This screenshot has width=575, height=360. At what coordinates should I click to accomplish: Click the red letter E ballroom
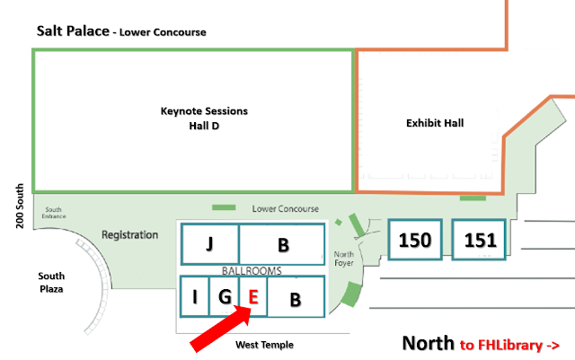(x=253, y=296)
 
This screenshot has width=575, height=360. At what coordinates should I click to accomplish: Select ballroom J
(x=209, y=244)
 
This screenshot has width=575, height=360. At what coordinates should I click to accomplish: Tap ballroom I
(x=195, y=296)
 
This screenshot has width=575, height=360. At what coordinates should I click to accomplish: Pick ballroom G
(x=225, y=296)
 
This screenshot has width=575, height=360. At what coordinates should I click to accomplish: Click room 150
(x=415, y=240)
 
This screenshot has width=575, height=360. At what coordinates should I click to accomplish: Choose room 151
(x=479, y=240)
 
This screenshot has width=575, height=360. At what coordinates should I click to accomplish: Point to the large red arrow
(x=221, y=329)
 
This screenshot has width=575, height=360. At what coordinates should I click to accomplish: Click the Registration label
(x=129, y=234)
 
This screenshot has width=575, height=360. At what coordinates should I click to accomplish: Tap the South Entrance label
(x=54, y=213)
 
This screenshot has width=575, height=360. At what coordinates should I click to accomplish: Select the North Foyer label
(x=343, y=259)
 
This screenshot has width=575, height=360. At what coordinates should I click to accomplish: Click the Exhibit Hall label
(x=435, y=123)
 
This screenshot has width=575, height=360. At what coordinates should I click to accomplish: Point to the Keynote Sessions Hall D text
(x=204, y=118)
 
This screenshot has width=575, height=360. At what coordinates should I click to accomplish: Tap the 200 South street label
(x=20, y=206)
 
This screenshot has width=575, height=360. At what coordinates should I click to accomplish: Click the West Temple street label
(x=264, y=345)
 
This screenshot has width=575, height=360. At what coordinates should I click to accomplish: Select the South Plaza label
(x=51, y=282)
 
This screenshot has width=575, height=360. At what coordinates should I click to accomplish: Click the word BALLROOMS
(x=252, y=270)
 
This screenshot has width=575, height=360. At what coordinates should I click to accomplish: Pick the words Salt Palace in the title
(x=73, y=31)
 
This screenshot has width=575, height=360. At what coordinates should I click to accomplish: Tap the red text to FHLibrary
(x=509, y=345)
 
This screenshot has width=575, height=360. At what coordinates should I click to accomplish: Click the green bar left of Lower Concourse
(x=224, y=207)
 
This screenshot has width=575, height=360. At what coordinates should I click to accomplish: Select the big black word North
(x=428, y=343)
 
